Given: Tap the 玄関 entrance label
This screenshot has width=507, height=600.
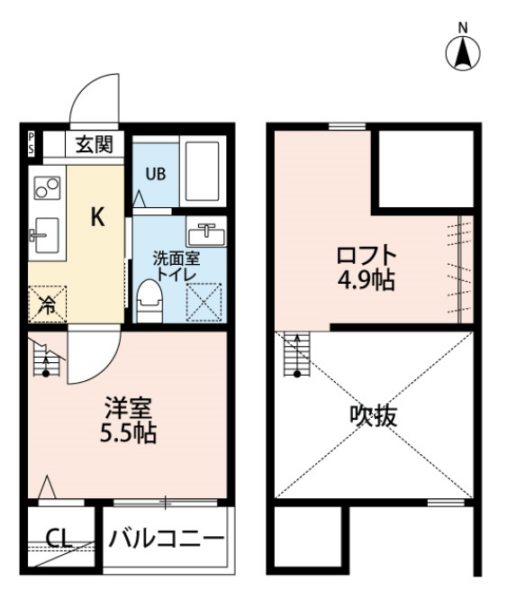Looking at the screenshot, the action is (x=95, y=145).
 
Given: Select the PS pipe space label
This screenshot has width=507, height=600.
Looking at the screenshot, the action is (x=31, y=144).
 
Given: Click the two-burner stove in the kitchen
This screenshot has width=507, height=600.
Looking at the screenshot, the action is (x=48, y=188).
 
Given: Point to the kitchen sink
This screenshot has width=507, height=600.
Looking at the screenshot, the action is (x=46, y=235).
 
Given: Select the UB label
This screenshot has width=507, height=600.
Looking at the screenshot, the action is (x=156, y=174).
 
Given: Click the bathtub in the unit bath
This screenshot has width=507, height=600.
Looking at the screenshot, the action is (x=202, y=172).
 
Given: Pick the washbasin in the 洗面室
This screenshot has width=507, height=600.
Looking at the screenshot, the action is (x=206, y=232).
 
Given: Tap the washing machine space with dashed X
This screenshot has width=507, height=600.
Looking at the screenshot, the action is (x=204, y=303).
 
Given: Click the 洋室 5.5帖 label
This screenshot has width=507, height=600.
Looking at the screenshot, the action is (x=129, y=420).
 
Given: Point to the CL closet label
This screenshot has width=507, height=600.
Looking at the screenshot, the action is (x=59, y=539).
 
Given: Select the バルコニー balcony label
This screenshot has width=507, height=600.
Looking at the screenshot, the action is (x=167, y=539).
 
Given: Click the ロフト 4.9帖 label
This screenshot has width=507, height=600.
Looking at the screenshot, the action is (x=366, y=267).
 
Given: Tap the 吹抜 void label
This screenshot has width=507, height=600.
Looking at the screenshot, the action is (x=374, y=415).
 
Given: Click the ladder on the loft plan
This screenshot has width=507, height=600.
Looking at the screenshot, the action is (x=296, y=355).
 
